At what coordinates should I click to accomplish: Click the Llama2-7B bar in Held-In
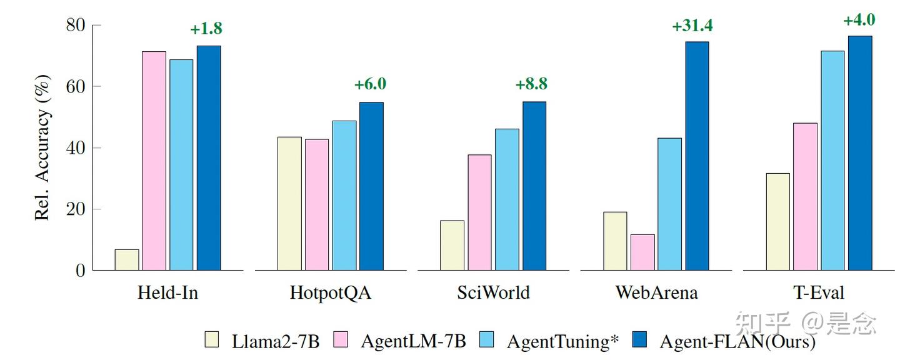127,260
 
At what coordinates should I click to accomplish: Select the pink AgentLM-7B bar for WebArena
642,252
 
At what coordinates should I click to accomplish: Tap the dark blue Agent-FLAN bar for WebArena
697,156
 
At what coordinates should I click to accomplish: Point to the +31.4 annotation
692,26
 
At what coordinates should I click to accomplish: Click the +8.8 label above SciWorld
531,84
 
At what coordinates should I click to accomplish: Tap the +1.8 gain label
206,29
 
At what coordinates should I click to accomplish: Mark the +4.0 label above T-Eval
859,20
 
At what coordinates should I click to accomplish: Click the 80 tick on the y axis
76,26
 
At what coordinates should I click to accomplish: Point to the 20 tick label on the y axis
76,209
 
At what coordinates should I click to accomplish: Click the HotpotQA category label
331,292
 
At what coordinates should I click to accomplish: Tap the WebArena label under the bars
656,292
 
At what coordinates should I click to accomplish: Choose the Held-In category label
167,292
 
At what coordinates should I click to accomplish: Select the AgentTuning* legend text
562,341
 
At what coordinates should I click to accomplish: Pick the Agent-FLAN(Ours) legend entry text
737,341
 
